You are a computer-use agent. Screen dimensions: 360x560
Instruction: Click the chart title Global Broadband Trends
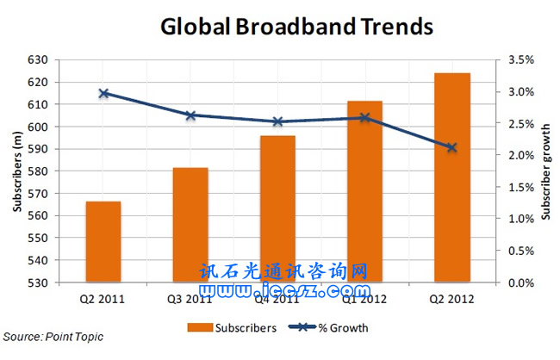click(x=296, y=27)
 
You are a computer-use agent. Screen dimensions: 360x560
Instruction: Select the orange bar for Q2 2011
click(x=103, y=242)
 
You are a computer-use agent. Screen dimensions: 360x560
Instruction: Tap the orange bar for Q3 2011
click(x=190, y=225)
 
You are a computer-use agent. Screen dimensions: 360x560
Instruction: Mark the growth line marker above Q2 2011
click(x=103, y=93)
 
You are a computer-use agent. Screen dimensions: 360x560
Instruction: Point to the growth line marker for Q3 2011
click(x=190, y=115)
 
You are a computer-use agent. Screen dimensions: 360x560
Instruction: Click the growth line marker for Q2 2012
click(x=452, y=147)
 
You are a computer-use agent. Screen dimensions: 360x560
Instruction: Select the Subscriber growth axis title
click(x=545, y=171)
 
